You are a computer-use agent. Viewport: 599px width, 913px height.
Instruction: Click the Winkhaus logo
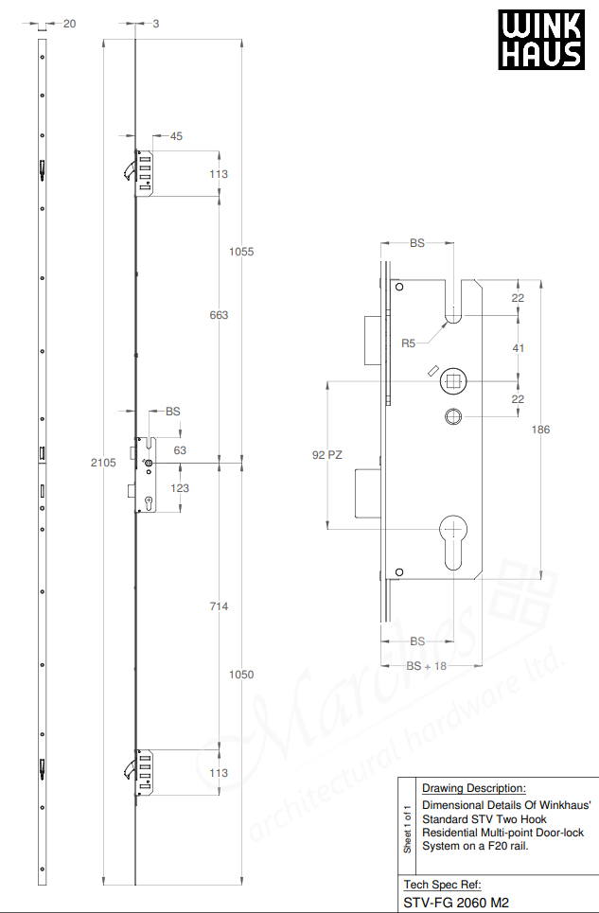tap(541, 41)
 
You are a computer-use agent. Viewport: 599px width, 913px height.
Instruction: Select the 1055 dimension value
tap(242, 252)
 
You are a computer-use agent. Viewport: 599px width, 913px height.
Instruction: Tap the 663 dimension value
tap(219, 315)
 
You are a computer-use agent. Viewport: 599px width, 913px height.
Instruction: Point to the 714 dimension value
tap(219, 606)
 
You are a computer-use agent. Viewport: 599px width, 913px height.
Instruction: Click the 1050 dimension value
tap(242, 675)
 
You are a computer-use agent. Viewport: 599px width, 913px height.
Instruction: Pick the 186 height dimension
tap(540, 430)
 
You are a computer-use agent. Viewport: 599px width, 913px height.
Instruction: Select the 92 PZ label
tap(326, 455)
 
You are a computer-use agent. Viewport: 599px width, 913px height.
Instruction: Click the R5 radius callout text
tap(409, 343)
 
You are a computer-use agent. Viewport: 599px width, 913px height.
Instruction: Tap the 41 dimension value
tap(518, 348)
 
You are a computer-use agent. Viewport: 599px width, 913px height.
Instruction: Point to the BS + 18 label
tap(426, 666)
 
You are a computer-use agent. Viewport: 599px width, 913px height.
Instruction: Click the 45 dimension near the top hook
tap(176, 136)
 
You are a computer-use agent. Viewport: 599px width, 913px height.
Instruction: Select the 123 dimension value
tap(180, 488)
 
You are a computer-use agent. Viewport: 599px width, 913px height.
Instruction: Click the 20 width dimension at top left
tap(69, 24)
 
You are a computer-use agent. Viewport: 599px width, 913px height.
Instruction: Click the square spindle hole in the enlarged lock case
tap(454, 381)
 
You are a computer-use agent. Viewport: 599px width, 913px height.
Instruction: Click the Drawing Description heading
tap(473, 787)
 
